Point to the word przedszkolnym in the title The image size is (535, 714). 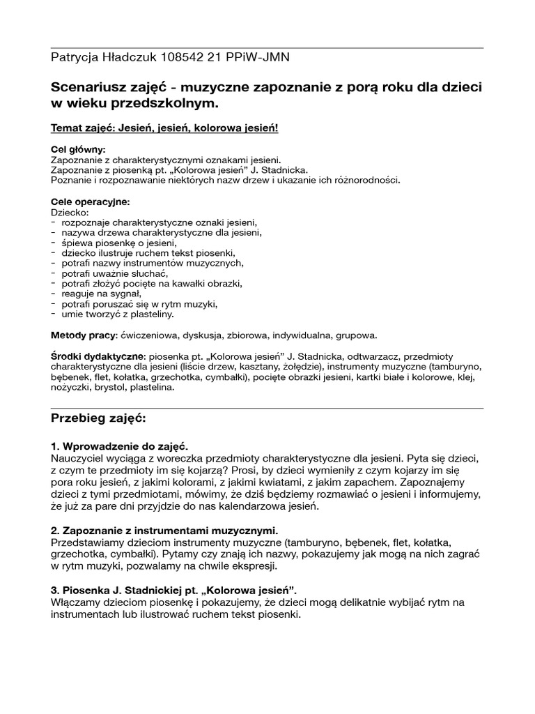(170, 103)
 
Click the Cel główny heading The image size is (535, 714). (79, 149)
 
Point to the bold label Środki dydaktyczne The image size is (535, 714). (96, 356)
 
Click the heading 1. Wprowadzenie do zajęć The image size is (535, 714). (119, 446)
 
